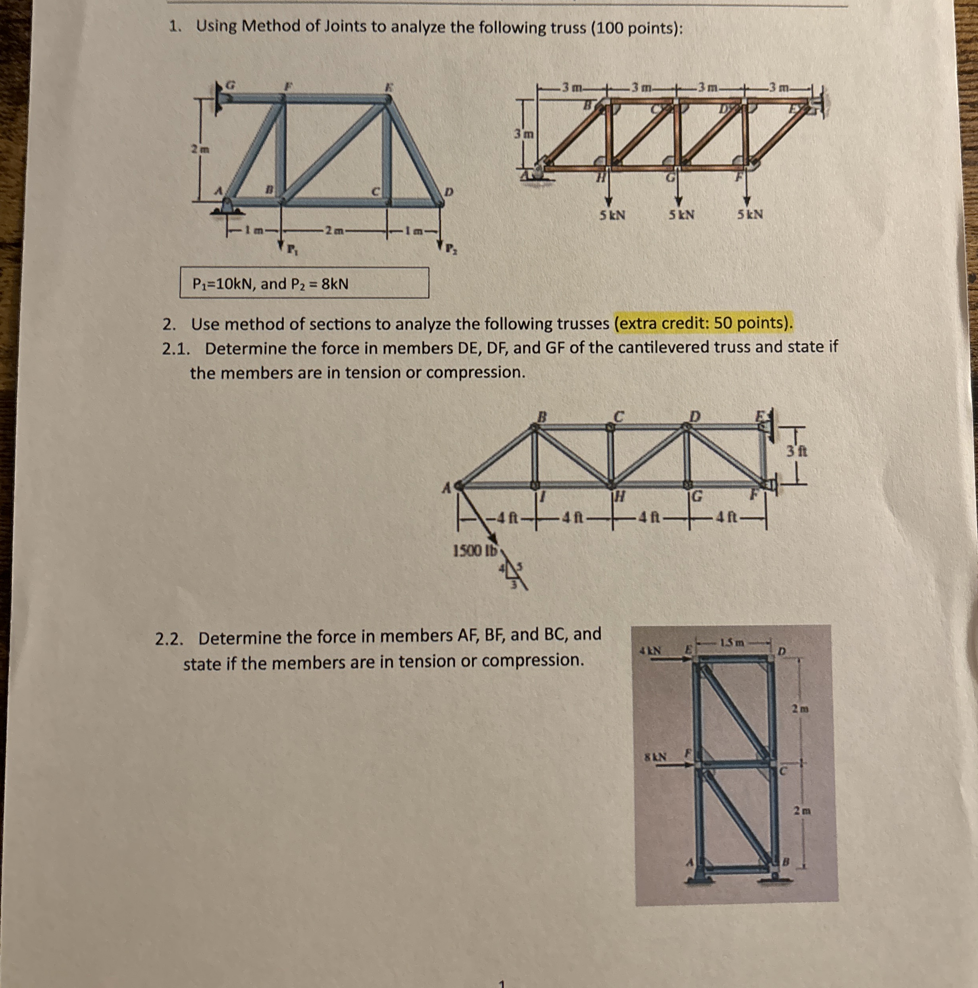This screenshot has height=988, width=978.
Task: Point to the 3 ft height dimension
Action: pos(798,452)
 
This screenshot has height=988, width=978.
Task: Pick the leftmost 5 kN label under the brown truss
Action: pos(612,215)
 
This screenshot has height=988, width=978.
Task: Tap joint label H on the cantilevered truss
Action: pos(619,496)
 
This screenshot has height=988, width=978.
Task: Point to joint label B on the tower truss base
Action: pos(787,862)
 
